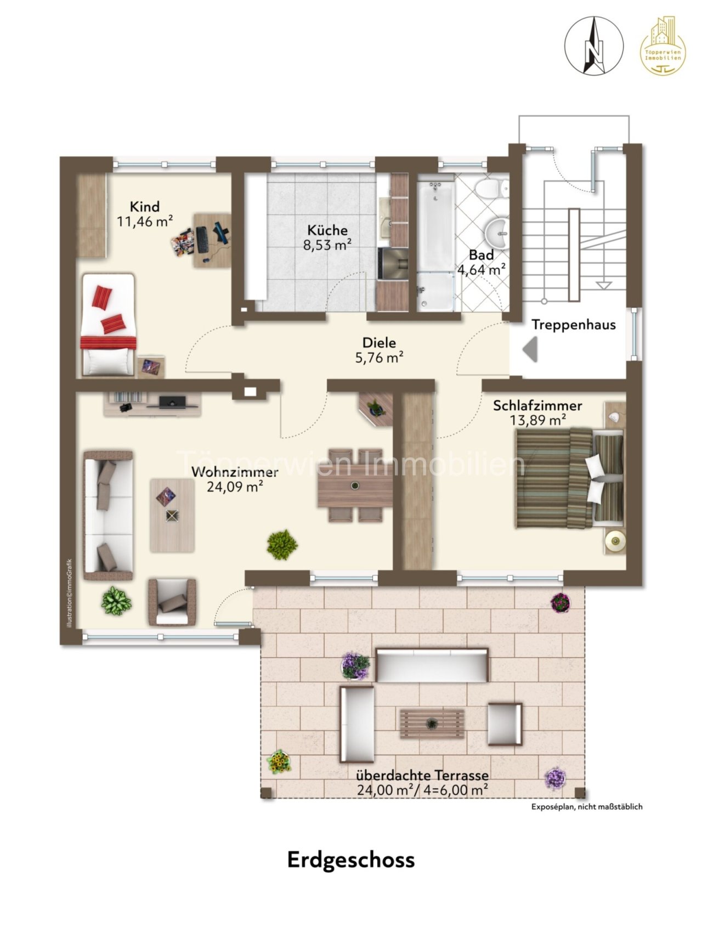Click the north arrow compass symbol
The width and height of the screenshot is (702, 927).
[595, 46]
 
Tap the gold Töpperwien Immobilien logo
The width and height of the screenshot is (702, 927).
[663, 46]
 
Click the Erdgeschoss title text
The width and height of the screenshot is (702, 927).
[351, 860]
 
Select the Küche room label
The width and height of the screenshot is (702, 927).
[327, 230]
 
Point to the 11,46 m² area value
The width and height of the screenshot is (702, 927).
[145, 221]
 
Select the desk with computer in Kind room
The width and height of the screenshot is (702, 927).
[212, 240]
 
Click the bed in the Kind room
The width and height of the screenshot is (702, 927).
[108, 325]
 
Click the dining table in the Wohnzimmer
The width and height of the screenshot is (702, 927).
[355, 485]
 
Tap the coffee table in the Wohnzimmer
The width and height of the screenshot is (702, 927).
[172, 515]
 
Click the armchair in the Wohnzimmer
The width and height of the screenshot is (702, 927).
[172, 602]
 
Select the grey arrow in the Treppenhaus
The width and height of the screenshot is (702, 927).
[530, 349]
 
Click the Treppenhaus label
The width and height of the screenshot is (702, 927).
[574, 325]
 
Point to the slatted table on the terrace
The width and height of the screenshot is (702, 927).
[432, 723]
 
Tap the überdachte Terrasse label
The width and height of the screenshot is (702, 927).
[422, 776]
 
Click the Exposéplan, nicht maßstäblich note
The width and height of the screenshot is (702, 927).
[586, 807]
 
